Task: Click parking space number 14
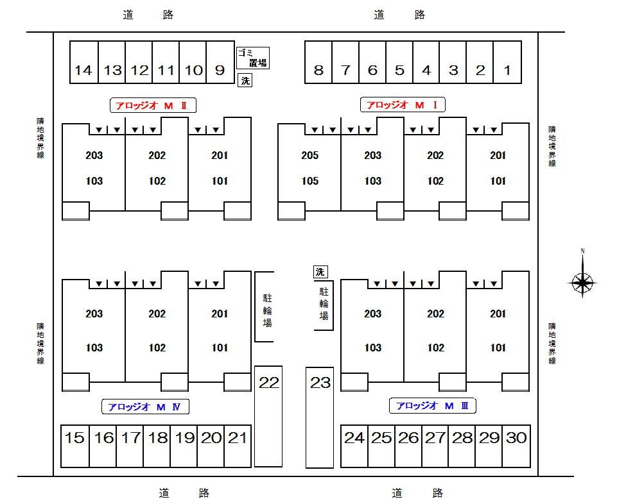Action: [84, 62]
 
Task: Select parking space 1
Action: [507, 62]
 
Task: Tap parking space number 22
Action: [268, 416]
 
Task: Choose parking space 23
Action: [320, 417]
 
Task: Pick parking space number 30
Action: [516, 446]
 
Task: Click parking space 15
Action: [75, 446]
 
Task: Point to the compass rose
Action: [582, 282]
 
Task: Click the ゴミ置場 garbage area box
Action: [253, 58]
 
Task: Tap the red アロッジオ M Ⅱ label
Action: [153, 106]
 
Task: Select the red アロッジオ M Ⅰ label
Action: [403, 105]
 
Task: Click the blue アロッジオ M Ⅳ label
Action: [145, 407]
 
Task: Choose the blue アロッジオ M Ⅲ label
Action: [433, 406]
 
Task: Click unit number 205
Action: [310, 155]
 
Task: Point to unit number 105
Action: [310, 181]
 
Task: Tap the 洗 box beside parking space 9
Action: [245, 81]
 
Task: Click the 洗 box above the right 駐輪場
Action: [320, 272]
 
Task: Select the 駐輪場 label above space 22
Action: [267, 310]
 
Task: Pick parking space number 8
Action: [318, 62]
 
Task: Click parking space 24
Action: [354, 446]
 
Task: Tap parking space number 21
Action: [238, 446]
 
